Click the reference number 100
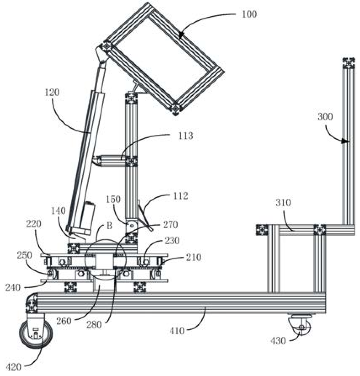[x=249, y=14]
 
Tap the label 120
[x=52, y=93]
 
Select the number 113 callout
[x=185, y=136]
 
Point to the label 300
[x=325, y=117]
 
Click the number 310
[x=283, y=203]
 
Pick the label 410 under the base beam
[x=177, y=331]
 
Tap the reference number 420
[x=13, y=367]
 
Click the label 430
[x=278, y=341]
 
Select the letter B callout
[x=109, y=226]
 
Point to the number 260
[x=64, y=321]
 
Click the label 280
[x=94, y=325]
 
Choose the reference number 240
[x=13, y=287]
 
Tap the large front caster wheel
[x=36, y=334]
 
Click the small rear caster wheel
[x=300, y=325]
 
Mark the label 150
[x=113, y=199]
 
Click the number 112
[x=180, y=196]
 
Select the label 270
[x=171, y=225]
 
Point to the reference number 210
[x=193, y=257]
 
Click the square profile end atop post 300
[x=349, y=63]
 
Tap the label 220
[x=34, y=224]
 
